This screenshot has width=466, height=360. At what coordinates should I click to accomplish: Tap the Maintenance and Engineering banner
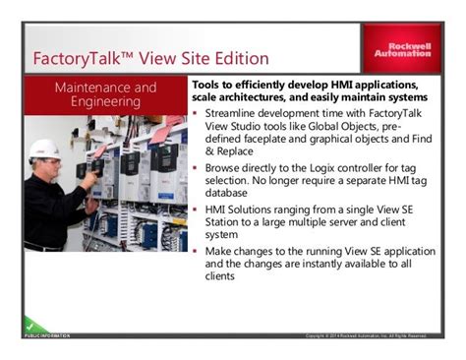tap(105, 94)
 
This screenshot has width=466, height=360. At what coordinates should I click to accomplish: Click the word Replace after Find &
tap(245, 151)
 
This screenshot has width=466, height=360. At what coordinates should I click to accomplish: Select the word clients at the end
tap(221, 278)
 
